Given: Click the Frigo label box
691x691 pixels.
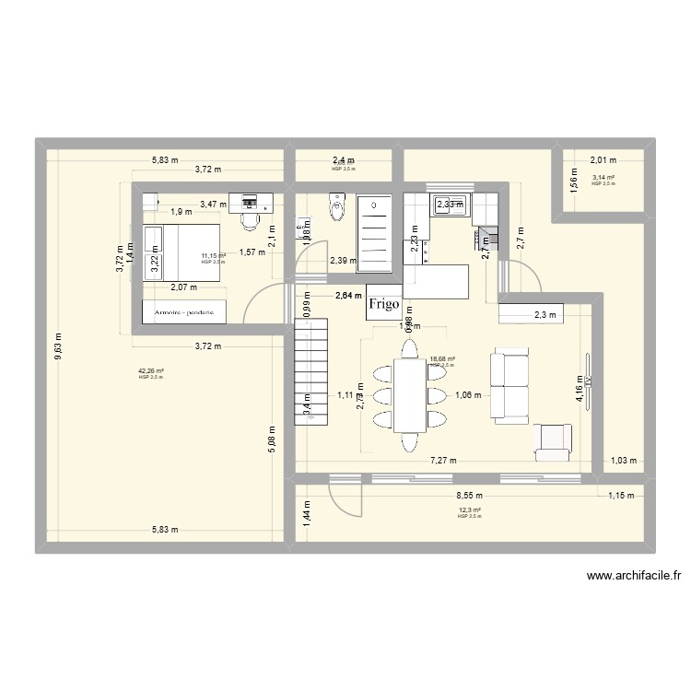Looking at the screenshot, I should pyautogui.click(x=383, y=303).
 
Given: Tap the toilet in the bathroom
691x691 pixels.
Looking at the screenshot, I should pyautogui.click(x=335, y=207).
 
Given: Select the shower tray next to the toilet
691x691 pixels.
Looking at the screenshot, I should pyautogui.click(x=375, y=234).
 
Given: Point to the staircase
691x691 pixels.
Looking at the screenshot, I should pyautogui.click(x=311, y=369).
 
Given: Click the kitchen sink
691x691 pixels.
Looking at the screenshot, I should pyautogui.click(x=451, y=205).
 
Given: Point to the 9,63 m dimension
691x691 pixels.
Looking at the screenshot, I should pyautogui.click(x=57, y=347).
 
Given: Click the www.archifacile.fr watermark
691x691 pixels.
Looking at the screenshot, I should pyautogui.click(x=634, y=577).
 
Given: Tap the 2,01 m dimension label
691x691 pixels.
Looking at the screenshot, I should pyautogui.click(x=603, y=158).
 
